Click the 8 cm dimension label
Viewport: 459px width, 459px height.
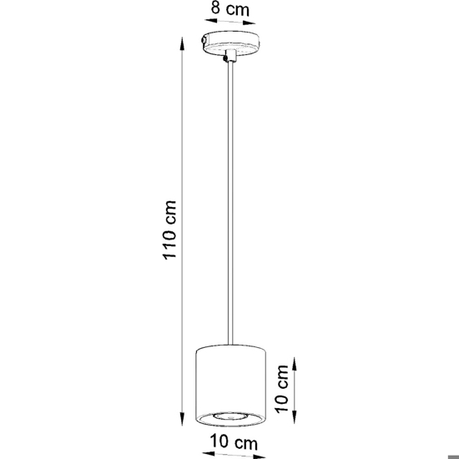(x=230, y=8)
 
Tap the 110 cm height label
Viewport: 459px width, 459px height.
(x=169, y=230)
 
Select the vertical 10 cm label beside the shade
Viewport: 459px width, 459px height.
(x=281, y=389)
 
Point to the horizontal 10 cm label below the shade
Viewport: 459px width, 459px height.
(x=234, y=442)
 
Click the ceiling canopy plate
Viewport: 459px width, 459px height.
(x=230, y=43)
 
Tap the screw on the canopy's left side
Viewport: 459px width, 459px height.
(x=204, y=40)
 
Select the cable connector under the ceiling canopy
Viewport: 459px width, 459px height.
(x=230, y=56)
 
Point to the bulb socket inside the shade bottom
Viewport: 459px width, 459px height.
(x=230, y=416)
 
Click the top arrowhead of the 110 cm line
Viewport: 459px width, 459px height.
(x=182, y=44)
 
